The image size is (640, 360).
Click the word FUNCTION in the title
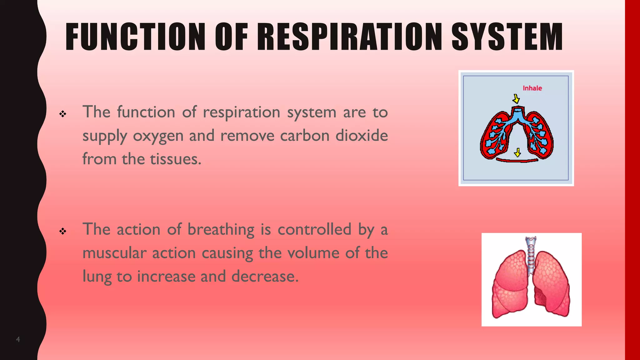click(x=135, y=37)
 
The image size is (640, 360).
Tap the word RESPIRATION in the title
click(x=349, y=37)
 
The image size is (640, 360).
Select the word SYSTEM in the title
click(x=507, y=37)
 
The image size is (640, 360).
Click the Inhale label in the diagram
click(x=532, y=88)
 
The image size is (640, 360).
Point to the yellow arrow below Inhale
click(x=516, y=99)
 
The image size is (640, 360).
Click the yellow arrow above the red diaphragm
click(x=517, y=152)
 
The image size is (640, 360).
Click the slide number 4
click(x=18, y=339)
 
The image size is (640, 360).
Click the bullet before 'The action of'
click(x=63, y=231)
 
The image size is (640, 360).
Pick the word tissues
click(x=175, y=159)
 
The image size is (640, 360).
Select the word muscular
click(x=114, y=253)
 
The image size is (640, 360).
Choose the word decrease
click(x=265, y=276)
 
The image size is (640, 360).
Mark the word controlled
click(x=314, y=229)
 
